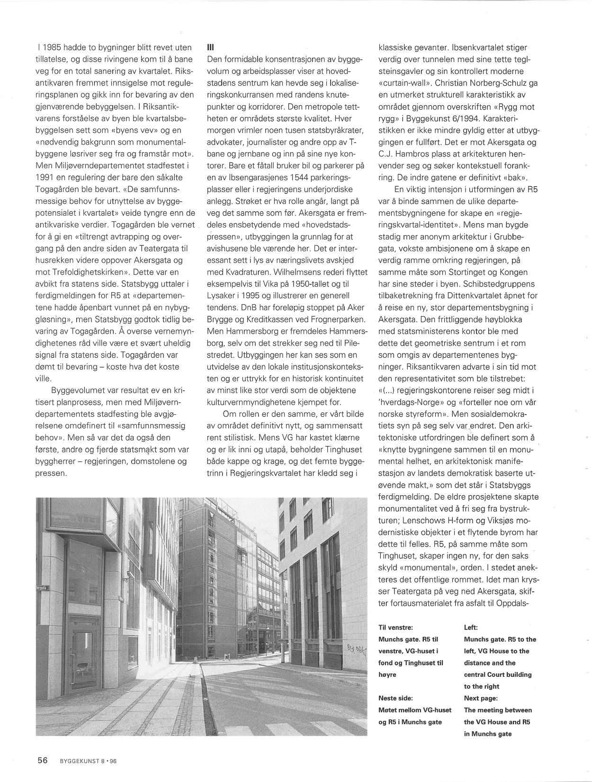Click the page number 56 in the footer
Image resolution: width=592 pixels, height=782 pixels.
click(43, 760)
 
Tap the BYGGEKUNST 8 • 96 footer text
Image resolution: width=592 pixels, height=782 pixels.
click(88, 761)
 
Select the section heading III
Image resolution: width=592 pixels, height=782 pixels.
click(211, 47)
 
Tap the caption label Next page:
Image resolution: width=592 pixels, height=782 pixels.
click(481, 698)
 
